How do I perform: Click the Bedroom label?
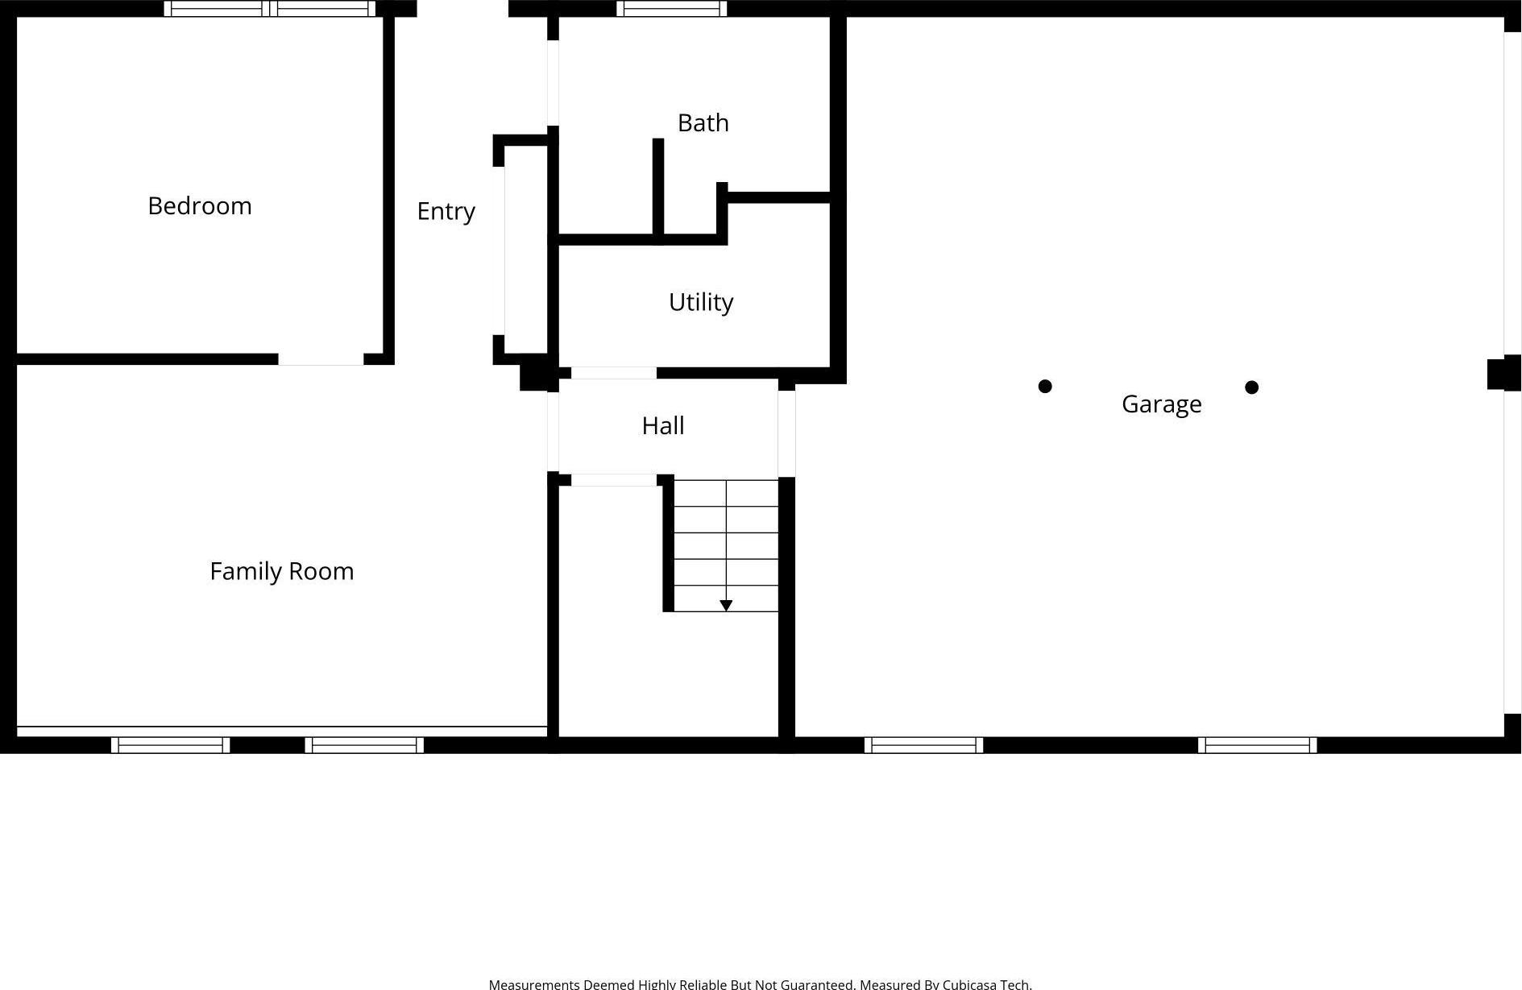(200, 206)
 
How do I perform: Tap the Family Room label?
(281, 571)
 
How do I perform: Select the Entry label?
(446, 211)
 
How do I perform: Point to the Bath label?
(703, 123)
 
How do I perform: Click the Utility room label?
(700, 302)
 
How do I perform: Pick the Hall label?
(662, 425)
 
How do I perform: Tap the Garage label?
(1161, 404)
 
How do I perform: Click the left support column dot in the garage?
(1045, 387)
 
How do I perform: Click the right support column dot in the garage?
(1251, 387)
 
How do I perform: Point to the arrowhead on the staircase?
(726, 606)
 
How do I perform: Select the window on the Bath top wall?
(671, 9)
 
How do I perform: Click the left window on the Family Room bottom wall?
(170, 745)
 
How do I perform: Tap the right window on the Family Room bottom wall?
(364, 745)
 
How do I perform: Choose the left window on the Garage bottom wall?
(923, 745)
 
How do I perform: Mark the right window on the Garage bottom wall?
(1257, 745)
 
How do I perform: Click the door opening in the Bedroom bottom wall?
(321, 359)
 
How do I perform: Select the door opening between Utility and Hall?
(613, 373)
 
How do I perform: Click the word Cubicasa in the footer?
(969, 984)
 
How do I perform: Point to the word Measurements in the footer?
(533, 984)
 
